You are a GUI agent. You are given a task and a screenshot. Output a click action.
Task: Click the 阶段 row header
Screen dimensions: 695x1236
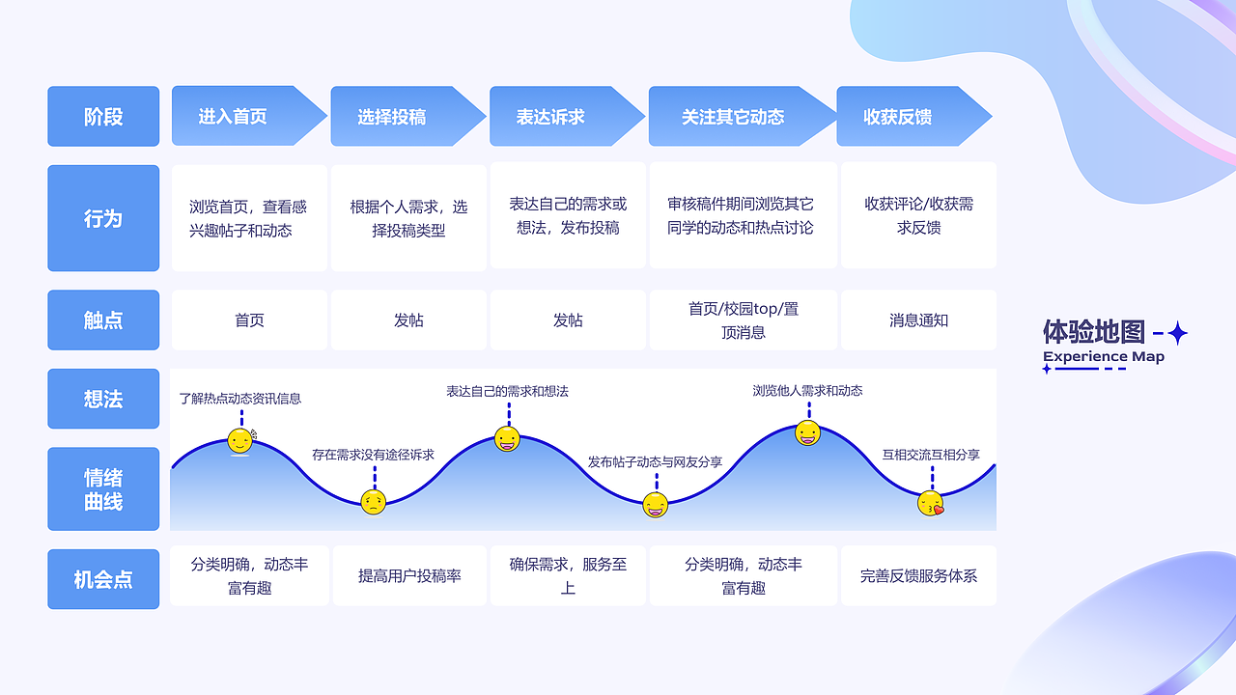103,117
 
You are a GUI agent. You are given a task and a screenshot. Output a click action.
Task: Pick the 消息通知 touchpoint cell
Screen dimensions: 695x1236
918,320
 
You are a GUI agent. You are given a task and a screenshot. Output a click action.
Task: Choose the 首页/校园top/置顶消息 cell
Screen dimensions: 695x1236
743,320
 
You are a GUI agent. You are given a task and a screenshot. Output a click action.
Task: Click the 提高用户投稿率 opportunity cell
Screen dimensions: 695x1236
409,576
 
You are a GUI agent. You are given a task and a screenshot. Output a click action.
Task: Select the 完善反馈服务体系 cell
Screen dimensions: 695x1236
918,576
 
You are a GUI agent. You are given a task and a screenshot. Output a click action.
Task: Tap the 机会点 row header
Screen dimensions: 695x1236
103,580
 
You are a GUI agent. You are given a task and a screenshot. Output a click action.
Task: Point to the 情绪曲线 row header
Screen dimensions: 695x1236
103,489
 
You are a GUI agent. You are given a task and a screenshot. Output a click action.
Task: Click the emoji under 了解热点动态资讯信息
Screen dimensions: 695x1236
240,441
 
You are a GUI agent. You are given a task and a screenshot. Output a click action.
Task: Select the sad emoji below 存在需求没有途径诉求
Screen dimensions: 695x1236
373,502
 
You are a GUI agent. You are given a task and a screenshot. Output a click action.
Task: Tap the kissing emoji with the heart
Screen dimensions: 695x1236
930,503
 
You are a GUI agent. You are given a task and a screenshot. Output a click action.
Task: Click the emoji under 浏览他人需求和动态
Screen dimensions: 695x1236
808,433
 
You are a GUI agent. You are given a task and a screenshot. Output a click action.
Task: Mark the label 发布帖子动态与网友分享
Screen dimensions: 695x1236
655,462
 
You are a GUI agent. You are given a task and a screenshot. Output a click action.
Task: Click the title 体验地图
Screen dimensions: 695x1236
1094,332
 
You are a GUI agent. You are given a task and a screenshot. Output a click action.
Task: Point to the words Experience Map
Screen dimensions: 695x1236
1104,357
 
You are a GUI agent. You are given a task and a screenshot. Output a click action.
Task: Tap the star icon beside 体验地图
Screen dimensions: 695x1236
1177,334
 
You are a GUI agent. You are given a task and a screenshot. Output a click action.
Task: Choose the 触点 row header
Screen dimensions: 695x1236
103,320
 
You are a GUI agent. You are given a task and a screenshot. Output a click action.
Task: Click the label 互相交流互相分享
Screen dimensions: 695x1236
931,455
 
